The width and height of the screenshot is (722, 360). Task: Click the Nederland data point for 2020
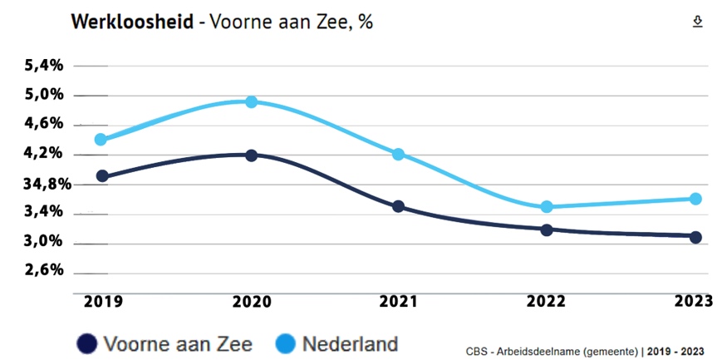click(x=252, y=101)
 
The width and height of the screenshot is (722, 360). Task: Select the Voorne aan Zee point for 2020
click(x=252, y=155)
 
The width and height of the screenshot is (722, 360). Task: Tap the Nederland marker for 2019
click(x=101, y=140)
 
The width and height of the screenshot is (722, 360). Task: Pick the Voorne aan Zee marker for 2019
click(x=102, y=176)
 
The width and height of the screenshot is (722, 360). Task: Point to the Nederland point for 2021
click(x=398, y=155)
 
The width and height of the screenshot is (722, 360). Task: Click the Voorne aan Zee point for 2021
click(x=398, y=206)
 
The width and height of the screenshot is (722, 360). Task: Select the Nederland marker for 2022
click(x=547, y=207)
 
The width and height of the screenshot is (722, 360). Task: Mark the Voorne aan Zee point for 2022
click(x=547, y=229)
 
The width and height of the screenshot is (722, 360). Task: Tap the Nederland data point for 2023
click(x=695, y=199)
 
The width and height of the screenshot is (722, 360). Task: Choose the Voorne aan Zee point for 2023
click(x=695, y=237)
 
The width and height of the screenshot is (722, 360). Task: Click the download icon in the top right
click(x=698, y=22)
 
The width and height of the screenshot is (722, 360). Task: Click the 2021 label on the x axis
click(x=399, y=303)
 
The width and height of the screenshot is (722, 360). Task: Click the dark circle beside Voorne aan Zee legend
click(x=86, y=343)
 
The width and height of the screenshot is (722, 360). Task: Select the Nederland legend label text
click(x=350, y=343)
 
